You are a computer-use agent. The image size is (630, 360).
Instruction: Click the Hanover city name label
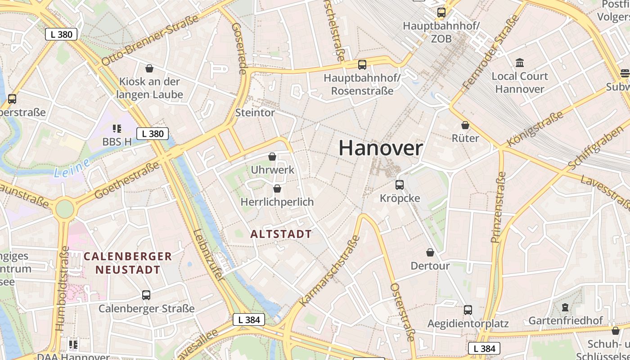pos(381,148)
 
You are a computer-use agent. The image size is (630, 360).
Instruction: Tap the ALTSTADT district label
pos(281,234)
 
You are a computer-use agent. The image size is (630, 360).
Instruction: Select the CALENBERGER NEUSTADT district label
pos(128,263)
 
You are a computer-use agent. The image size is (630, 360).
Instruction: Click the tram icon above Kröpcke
pos(399,184)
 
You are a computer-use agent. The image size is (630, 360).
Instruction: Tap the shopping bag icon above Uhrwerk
pos(272,157)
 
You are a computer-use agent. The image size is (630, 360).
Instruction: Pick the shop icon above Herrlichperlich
pos(277,189)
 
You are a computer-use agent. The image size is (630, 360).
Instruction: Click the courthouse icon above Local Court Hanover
pos(520,63)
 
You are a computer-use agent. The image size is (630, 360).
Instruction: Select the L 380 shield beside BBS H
pos(153,134)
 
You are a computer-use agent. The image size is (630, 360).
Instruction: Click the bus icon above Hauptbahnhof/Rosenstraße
pos(362,65)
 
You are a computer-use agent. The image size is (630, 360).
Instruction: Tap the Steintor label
pos(255,112)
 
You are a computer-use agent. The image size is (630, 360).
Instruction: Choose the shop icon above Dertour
pos(430,252)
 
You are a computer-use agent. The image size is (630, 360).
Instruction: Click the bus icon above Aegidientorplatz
pos(468,310)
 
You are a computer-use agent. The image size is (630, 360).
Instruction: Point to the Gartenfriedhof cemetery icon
pos(565,308)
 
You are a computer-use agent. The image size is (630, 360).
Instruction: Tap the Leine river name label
pos(72,168)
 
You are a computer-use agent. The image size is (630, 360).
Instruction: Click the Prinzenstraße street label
pos(499,207)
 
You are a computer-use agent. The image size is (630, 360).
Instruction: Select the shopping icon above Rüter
pos(465,125)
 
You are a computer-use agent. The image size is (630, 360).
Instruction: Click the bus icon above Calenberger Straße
pos(146,295)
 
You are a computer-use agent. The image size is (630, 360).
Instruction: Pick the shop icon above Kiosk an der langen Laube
pos(149,68)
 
